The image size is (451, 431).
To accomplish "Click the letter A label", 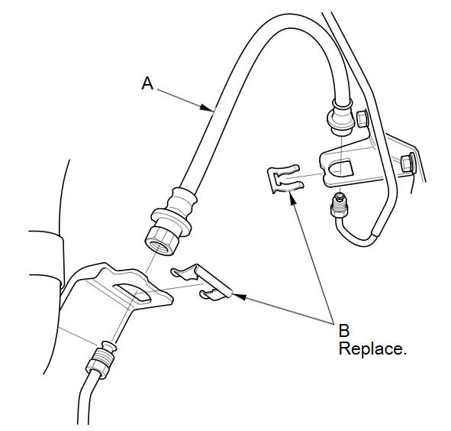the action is [147, 83].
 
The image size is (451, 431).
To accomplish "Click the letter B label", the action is [344, 330].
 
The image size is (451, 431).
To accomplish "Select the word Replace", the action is [372, 349].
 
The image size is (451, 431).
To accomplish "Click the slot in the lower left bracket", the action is [133, 293].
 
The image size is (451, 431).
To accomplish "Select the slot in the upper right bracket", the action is [342, 168].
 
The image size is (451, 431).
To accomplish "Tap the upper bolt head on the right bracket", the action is [362, 119].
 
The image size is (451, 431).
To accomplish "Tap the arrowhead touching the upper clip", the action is [292, 198].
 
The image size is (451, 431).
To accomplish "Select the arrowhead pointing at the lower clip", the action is [240, 297].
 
